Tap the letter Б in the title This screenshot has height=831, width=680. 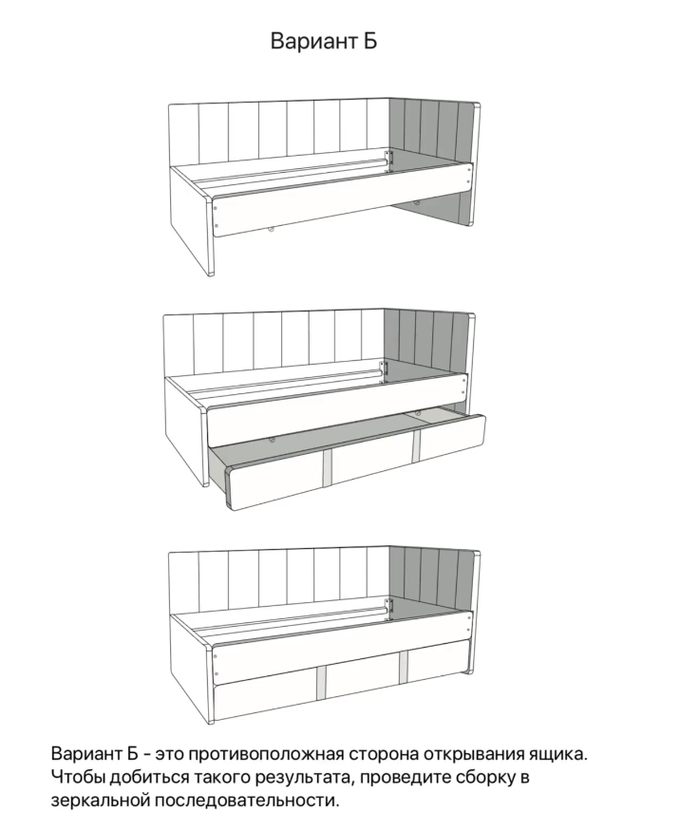click(x=371, y=41)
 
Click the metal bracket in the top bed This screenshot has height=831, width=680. click(x=389, y=161)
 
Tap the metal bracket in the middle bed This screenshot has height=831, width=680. click(x=384, y=371)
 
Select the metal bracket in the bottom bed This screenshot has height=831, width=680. click(x=389, y=610)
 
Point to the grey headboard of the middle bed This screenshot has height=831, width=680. click(x=426, y=349)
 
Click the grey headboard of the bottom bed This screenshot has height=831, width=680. click(x=432, y=588)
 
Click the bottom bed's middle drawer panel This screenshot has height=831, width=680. click(x=364, y=678)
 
